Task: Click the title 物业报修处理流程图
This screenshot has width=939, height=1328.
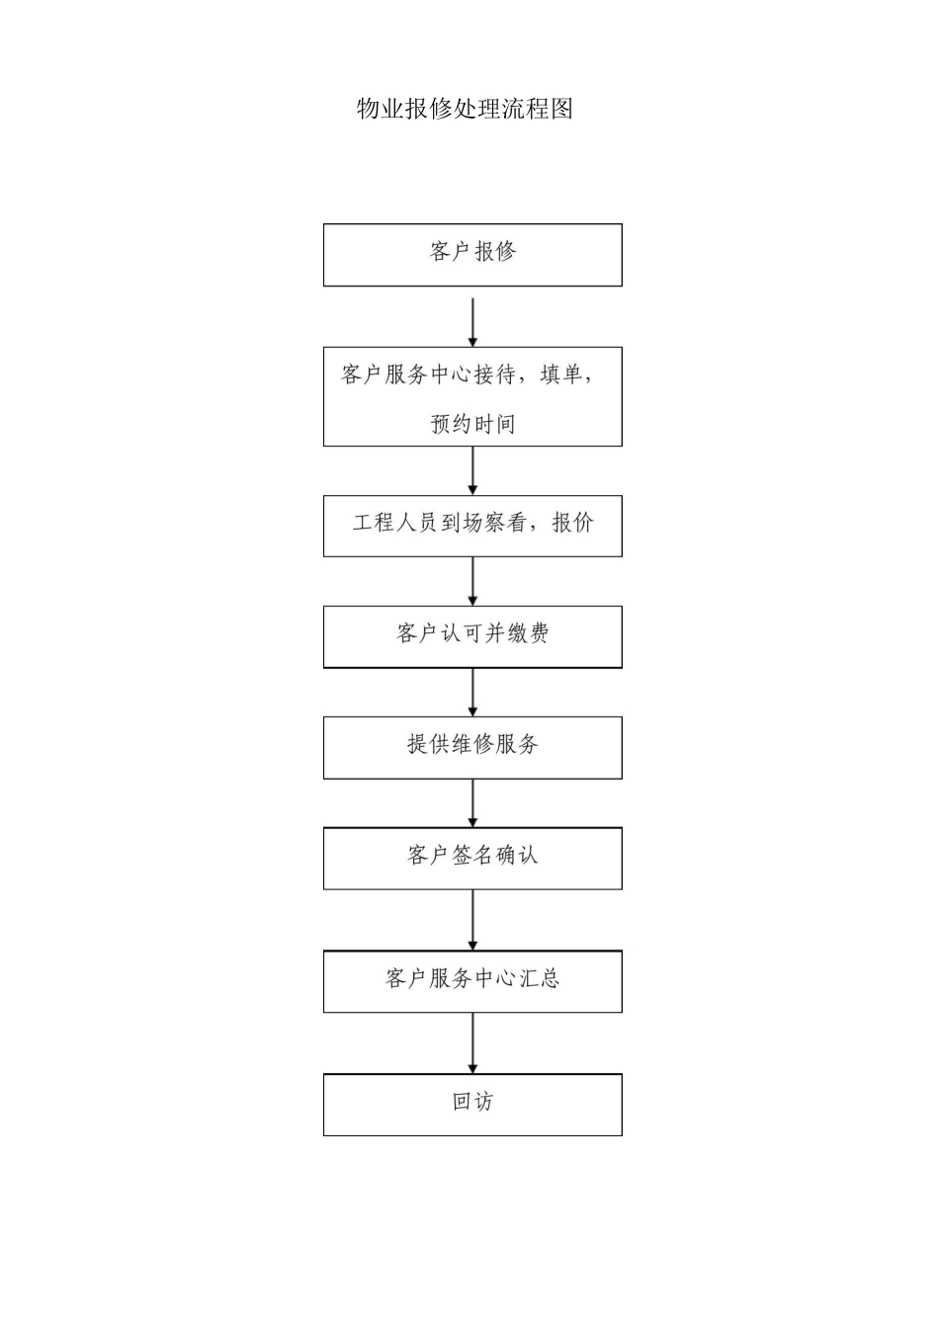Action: tap(465, 109)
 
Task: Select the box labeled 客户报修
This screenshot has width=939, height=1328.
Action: tap(472, 254)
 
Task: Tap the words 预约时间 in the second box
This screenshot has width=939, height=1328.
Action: tap(472, 424)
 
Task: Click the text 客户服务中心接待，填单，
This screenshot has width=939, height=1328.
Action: tap(467, 374)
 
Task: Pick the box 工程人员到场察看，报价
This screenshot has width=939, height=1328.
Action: tap(472, 525)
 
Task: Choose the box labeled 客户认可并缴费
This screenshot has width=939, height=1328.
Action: tap(472, 635)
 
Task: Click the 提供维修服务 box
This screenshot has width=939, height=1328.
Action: tap(472, 746)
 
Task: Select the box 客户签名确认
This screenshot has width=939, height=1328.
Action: tap(472, 857)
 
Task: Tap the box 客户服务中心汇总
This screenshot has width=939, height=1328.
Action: tap(472, 980)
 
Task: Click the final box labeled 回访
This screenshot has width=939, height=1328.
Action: tap(472, 1104)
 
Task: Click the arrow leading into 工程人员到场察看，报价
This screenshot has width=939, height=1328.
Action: tap(472, 470)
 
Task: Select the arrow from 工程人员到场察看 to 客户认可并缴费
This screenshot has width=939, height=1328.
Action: tap(472, 581)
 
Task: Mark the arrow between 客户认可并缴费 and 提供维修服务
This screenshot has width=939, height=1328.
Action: tap(472, 692)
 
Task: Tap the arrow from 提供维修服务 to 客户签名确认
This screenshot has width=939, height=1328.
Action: tap(472, 802)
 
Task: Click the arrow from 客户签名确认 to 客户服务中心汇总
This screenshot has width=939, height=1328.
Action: tap(472, 919)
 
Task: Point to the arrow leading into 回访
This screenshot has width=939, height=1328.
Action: tap(472, 1042)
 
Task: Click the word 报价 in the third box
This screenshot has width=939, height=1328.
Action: tap(572, 524)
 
